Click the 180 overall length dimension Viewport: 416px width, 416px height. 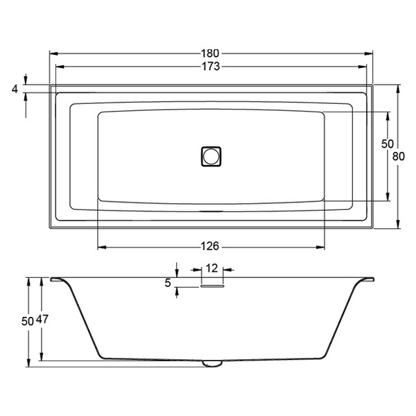[210, 53]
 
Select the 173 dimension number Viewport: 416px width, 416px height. [211, 67]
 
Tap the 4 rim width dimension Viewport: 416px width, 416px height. [15, 89]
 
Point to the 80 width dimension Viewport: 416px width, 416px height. [399, 156]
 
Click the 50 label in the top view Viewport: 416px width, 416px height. [388, 144]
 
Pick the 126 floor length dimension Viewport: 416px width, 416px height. [210, 246]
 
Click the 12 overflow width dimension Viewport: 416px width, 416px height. [211, 268]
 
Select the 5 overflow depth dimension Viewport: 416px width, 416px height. [168, 283]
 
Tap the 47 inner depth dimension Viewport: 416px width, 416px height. [42, 319]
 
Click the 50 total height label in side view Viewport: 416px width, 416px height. [28, 321]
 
